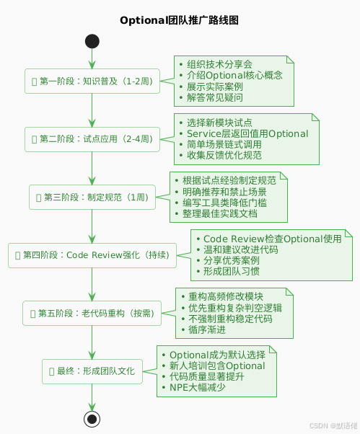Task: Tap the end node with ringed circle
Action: [92, 417]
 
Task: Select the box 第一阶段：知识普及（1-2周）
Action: [92, 81]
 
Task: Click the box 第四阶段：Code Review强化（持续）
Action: [92, 254]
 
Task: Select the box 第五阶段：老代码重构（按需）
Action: [92, 312]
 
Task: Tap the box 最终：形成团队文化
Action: [92, 371]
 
